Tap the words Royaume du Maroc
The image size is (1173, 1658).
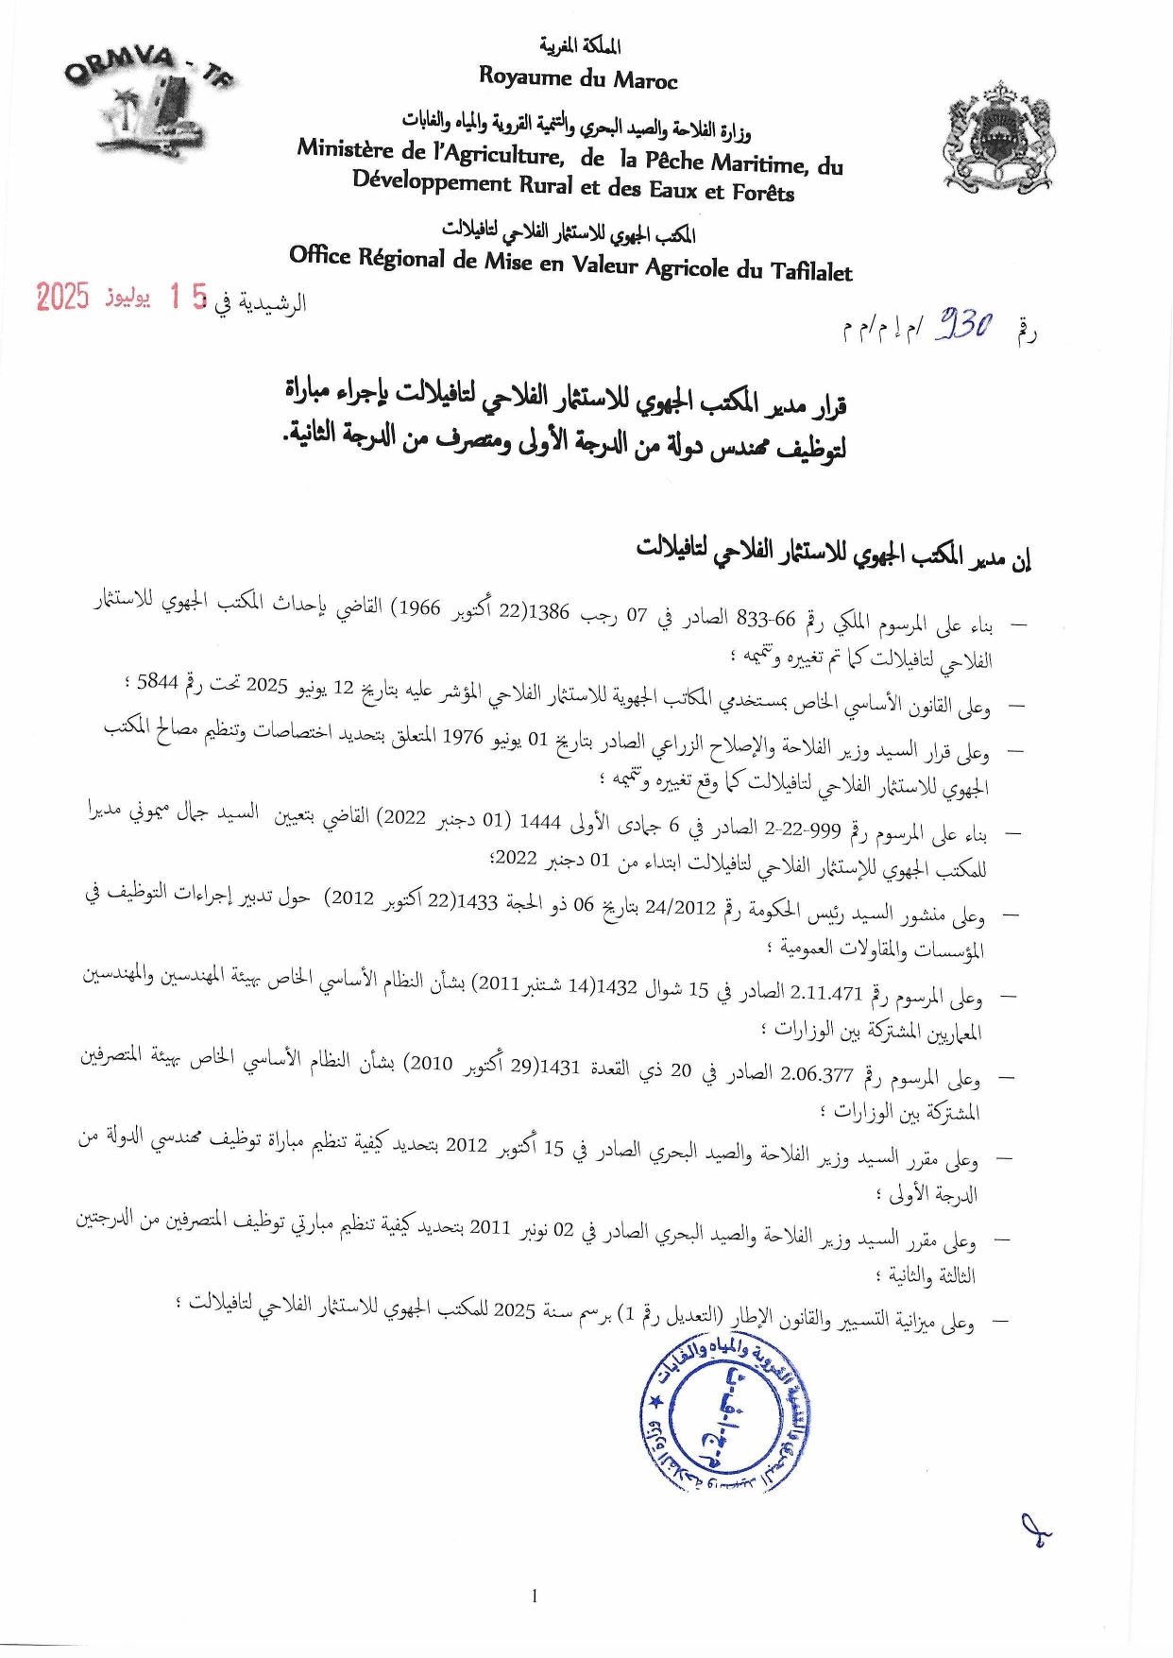578,77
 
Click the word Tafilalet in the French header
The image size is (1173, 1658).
811,271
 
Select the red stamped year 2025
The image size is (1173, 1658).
62,298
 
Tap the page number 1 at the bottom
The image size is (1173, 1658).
535,1597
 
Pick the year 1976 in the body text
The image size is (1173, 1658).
463,737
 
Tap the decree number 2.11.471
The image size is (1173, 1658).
826,992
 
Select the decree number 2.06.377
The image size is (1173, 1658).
817,1074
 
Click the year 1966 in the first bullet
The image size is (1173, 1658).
419,607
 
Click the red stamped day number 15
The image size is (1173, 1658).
187,298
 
